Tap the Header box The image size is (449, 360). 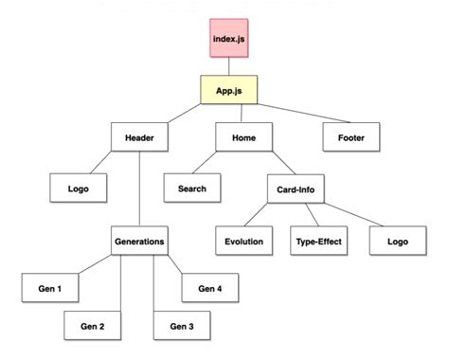click(139, 138)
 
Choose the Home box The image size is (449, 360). click(243, 138)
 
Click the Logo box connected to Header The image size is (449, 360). click(78, 189)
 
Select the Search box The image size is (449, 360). click(191, 189)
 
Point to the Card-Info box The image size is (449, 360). click(296, 189)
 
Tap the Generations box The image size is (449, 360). click(138, 241)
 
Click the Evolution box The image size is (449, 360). click(244, 242)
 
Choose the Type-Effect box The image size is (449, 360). click(317, 242)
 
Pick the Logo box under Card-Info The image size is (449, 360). click(397, 242)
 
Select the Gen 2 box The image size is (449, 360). click(91, 327)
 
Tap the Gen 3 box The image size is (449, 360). click(182, 327)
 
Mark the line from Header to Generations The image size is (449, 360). click(139, 189)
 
